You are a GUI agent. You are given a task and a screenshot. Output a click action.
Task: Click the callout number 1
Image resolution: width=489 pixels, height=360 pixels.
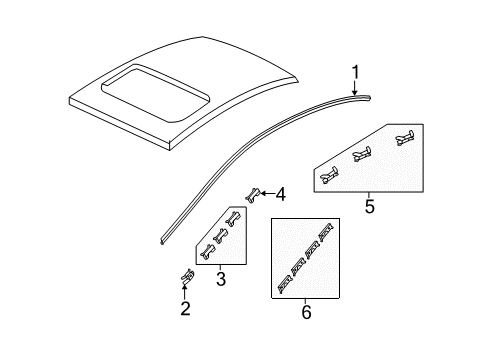point(356,70)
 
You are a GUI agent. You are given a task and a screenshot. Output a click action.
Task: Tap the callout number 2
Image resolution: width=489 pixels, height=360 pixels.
point(185,337)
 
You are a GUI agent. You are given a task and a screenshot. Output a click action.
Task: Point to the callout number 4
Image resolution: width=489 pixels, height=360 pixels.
point(281,194)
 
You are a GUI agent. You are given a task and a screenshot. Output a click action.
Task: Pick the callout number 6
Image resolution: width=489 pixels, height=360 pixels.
point(306,313)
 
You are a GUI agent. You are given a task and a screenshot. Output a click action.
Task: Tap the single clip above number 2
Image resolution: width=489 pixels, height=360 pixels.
point(185,305)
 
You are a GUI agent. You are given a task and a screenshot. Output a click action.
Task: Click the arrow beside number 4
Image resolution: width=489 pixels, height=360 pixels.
point(268,194)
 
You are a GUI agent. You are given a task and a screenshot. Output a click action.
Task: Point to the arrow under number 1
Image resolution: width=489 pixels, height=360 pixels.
point(356,86)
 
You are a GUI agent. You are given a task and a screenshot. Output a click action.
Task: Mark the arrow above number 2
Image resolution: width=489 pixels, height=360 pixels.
point(185,319)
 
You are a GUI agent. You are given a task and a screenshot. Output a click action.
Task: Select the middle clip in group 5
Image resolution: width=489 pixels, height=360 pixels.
point(364,154)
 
